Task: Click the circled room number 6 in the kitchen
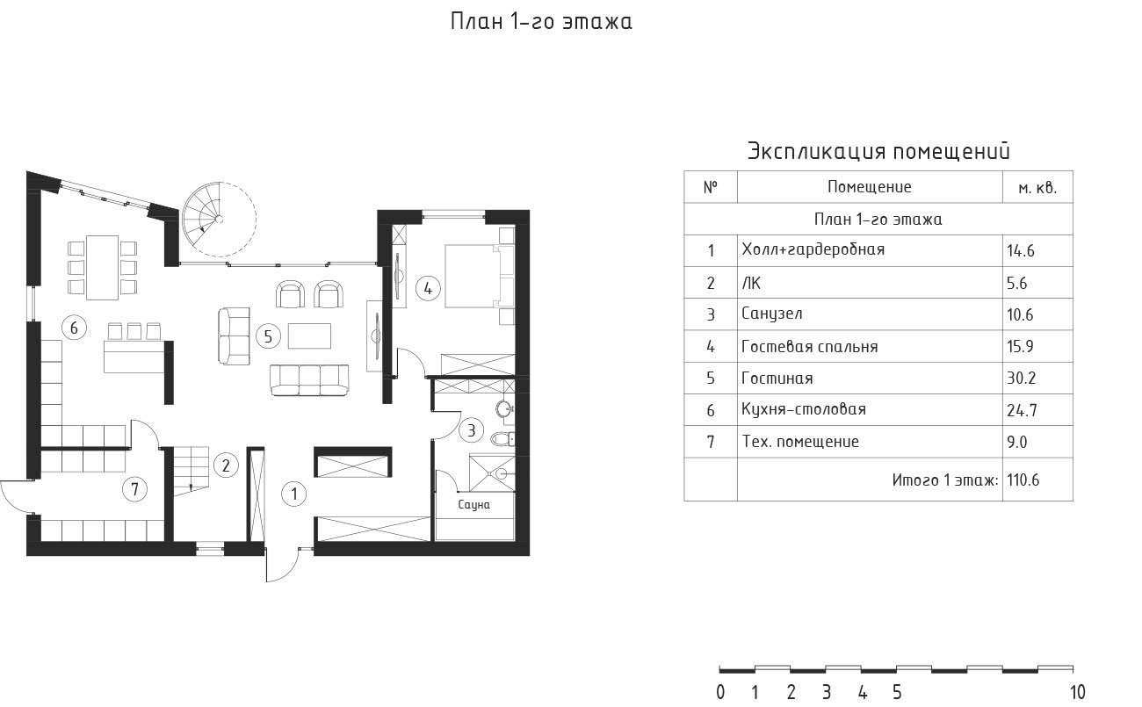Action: pos(74,328)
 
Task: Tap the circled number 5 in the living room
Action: pos(268,336)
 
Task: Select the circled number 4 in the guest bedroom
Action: pos(428,289)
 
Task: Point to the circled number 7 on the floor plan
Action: pos(134,489)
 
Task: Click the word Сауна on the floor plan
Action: pos(473,505)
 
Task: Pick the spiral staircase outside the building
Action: pos(220,220)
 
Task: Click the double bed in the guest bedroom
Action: pos(480,277)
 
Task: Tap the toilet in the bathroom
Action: pos(502,439)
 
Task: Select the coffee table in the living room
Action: pos(309,335)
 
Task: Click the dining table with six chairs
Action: pos(103,267)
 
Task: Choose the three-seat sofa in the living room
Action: pos(309,379)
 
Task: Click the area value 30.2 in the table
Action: pos(1021,379)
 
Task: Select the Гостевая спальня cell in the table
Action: pos(809,347)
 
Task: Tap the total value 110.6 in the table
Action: pos(1023,480)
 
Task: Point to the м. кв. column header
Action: pos(1037,188)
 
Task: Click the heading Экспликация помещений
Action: pos(878,151)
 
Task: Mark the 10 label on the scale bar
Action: pos(1077,692)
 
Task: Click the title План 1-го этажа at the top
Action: pos(541,21)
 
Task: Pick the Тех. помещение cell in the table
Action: pos(800,442)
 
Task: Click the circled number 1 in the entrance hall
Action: pos(293,494)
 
